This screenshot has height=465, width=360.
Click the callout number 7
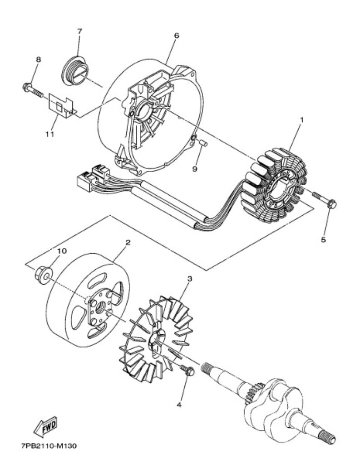tap(79, 31)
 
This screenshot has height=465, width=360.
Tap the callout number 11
tap(50, 134)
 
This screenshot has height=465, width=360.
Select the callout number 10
tap(62, 251)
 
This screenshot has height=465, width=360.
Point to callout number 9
tap(195, 169)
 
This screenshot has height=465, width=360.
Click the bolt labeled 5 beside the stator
tap(325, 201)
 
